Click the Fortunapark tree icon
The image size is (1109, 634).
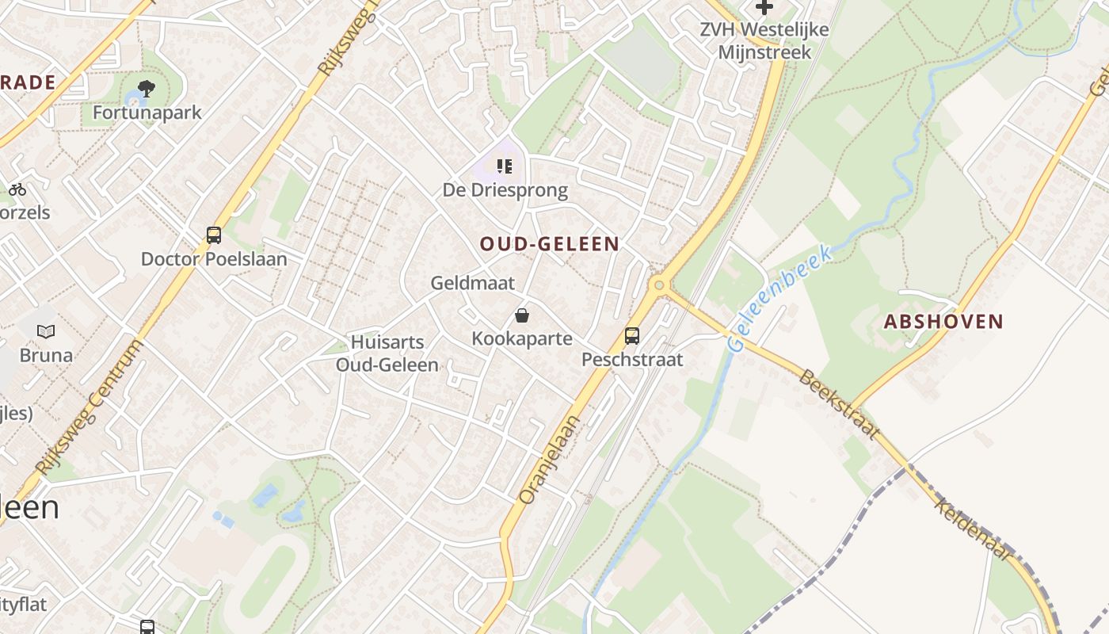coord(146,88)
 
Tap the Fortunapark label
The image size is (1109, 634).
coord(147,113)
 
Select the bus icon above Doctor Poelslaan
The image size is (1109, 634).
coord(214,235)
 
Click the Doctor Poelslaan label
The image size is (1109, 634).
coord(214,259)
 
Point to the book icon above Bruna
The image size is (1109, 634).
coord(46,332)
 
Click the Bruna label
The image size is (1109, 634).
coord(46,355)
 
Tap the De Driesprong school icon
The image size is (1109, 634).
coord(505,166)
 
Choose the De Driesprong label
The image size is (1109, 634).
coord(505,190)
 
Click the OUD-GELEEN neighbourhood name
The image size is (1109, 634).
coord(550,244)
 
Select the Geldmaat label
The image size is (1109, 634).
coord(473,283)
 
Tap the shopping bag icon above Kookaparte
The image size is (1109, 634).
coord(522,315)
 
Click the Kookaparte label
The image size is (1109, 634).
coord(522,338)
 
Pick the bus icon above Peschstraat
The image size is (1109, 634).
coord(631,336)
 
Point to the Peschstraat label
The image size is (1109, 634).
coord(632,360)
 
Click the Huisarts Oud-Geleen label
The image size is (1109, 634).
coord(387,353)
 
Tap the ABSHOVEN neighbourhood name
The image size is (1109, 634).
coord(943,322)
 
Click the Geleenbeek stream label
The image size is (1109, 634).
coord(779,300)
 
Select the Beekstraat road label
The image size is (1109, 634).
coord(840,404)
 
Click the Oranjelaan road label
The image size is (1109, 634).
coord(550,460)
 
